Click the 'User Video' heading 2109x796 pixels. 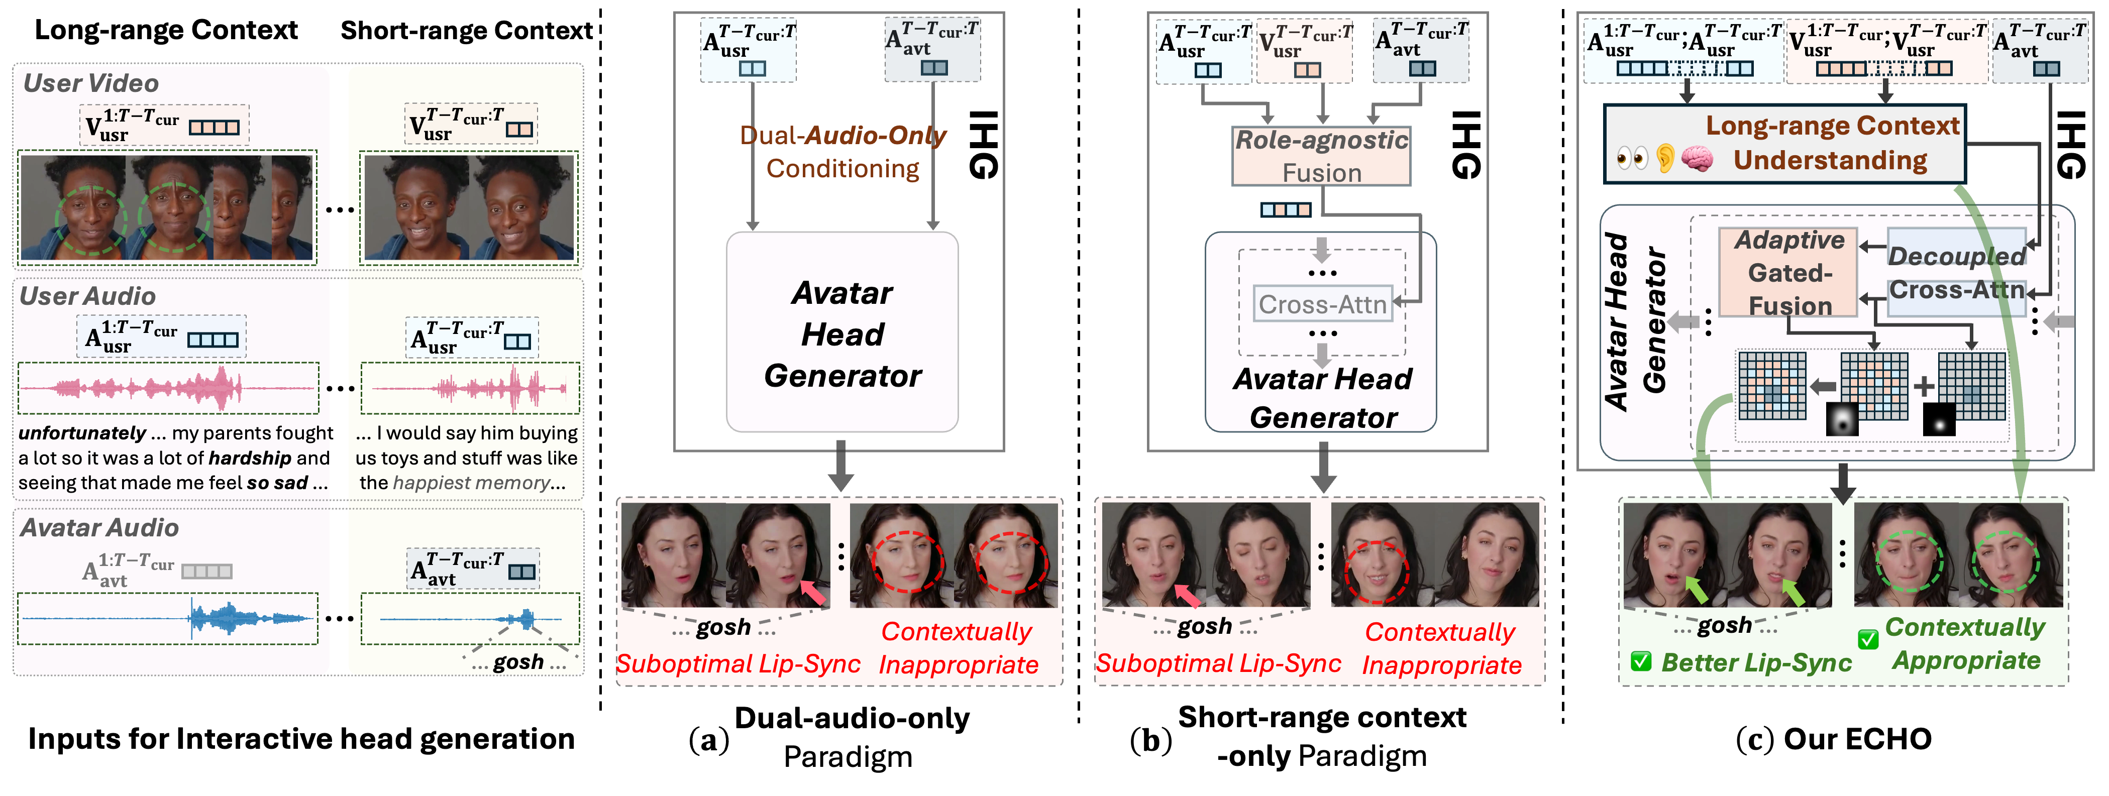(91, 83)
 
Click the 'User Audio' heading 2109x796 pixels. (87, 296)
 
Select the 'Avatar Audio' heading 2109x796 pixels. (99, 528)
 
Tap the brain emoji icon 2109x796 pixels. (1697, 158)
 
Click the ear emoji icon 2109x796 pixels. (1664, 158)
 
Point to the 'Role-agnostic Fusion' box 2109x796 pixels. (1321, 156)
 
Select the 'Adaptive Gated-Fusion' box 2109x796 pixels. (1789, 272)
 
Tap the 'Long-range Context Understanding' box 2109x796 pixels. (1785, 143)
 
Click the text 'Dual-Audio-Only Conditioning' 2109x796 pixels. (842, 151)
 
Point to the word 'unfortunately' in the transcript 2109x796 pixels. (82, 433)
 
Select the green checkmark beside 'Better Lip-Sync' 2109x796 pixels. (1641, 661)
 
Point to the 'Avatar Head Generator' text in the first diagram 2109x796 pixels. (842, 334)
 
